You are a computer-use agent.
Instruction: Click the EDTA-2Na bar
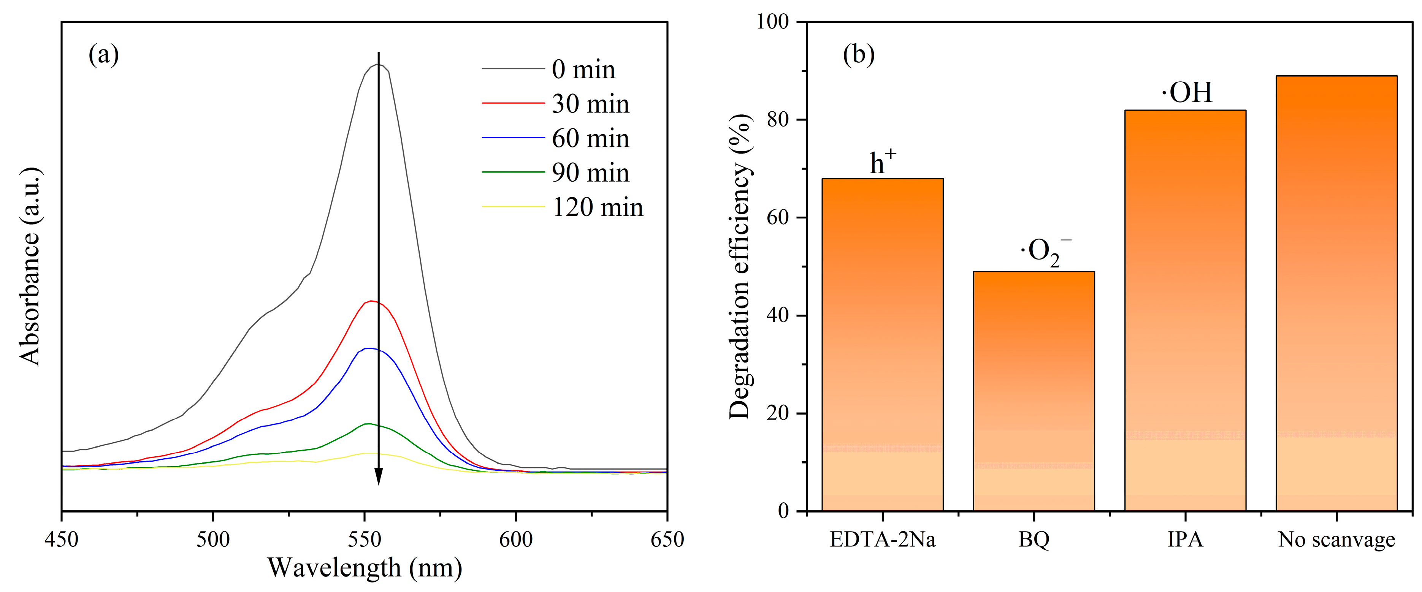(882, 345)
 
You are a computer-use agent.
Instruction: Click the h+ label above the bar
(883, 161)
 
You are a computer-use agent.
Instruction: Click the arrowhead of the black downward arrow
(379, 476)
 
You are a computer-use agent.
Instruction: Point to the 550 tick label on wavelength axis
(364, 539)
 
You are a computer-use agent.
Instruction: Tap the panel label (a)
(103, 55)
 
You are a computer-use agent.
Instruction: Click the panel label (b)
(858, 55)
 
